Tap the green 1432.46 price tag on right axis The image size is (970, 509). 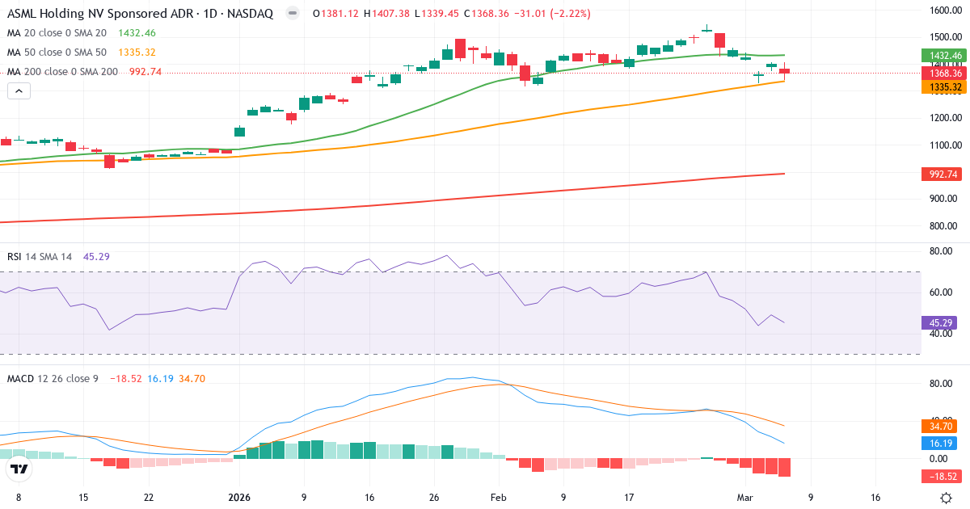click(944, 56)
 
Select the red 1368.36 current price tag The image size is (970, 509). click(944, 74)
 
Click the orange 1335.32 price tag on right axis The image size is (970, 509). click(944, 86)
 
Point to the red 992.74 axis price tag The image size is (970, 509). click(944, 174)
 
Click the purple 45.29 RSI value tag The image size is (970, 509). click(938, 323)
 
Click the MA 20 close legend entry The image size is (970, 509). click(57, 33)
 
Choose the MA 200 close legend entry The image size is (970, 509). click(62, 72)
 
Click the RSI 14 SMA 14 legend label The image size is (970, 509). click(40, 257)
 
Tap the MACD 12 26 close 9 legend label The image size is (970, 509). click(53, 378)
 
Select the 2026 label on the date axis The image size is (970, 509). click(240, 498)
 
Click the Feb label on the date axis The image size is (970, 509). click(498, 498)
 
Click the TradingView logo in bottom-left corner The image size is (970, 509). click(20, 469)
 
